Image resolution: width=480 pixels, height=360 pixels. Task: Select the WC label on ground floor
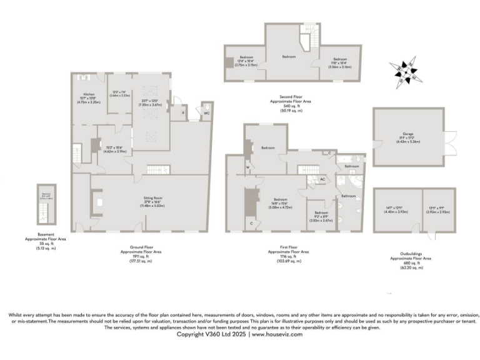(x=206, y=114)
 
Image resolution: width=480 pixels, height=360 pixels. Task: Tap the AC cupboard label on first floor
(x=322, y=179)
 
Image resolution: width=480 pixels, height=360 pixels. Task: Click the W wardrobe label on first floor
(x=248, y=167)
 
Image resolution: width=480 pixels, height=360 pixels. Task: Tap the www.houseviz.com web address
(x=277, y=334)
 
